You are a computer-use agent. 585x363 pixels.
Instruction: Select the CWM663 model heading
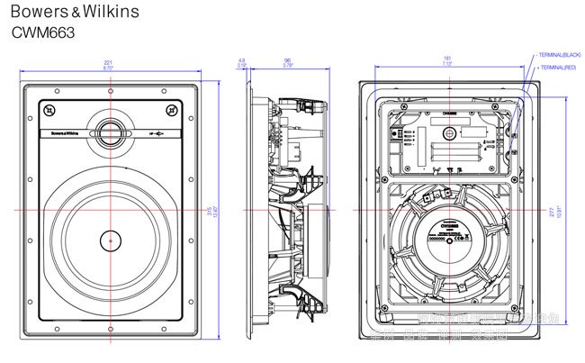click(x=42, y=32)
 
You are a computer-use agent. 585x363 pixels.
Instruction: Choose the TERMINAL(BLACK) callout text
click(x=560, y=55)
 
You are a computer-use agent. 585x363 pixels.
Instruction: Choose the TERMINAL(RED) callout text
click(x=557, y=67)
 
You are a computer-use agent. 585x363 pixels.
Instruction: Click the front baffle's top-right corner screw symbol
click(x=172, y=111)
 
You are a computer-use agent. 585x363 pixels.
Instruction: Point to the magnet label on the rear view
click(x=447, y=232)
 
